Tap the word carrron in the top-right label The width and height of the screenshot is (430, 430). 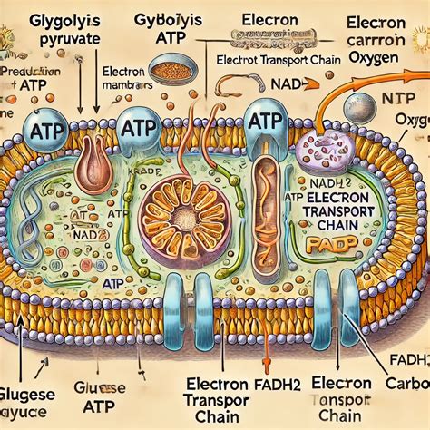pyautogui.click(x=380, y=42)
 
